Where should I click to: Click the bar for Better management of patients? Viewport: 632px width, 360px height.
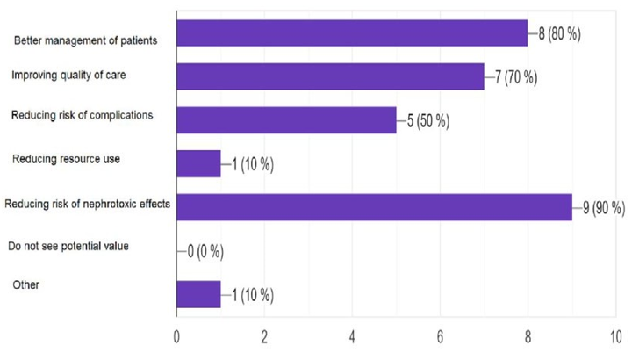[x=351, y=33]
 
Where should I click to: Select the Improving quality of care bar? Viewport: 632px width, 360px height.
[x=330, y=76]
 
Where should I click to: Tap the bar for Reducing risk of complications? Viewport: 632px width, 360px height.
[x=286, y=120]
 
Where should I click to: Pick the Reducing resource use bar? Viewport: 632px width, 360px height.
[x=198, y=163]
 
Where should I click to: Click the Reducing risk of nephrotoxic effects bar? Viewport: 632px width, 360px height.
[x=374, y=207]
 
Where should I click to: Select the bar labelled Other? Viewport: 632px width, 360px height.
[x=198, y=294]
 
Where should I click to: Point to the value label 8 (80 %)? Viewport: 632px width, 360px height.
[x=560, y=34]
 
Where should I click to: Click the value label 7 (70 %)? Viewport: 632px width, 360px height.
[x=516, y=77]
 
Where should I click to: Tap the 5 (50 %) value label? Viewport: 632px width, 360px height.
[x=428, y=121]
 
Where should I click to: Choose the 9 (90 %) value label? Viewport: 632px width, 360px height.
[x=604, y=208]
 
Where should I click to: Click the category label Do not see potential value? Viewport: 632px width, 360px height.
[x=68, y=246]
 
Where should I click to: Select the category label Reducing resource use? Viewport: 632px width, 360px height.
[x=67, y=159]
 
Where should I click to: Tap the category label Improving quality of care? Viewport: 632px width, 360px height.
[x=68, y=75]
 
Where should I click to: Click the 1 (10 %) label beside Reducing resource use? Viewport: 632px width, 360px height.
[x=253, y=164]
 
